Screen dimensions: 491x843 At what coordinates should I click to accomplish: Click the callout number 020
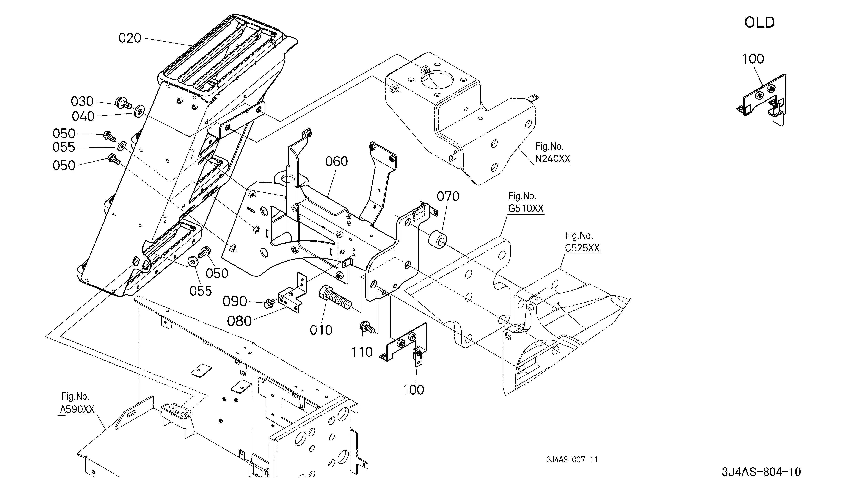[x=130, y=38]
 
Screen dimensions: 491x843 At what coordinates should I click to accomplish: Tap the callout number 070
[x=448, y=196]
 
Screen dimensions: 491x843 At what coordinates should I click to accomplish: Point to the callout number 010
[x=321, y=330]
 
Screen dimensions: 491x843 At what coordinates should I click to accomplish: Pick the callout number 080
[x=239, y=321]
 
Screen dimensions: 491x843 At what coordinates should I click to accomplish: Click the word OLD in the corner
[x=759, y=23]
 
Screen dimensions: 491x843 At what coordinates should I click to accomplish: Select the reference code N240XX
[x=552, y=159]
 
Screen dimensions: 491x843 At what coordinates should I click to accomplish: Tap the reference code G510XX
[x=526, y=208]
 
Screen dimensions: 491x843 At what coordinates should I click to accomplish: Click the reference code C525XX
[x=582, y=248]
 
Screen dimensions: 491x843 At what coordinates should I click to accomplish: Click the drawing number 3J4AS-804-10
[x=761, y=472]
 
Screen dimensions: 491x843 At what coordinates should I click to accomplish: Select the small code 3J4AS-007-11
[x=572, y=460]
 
